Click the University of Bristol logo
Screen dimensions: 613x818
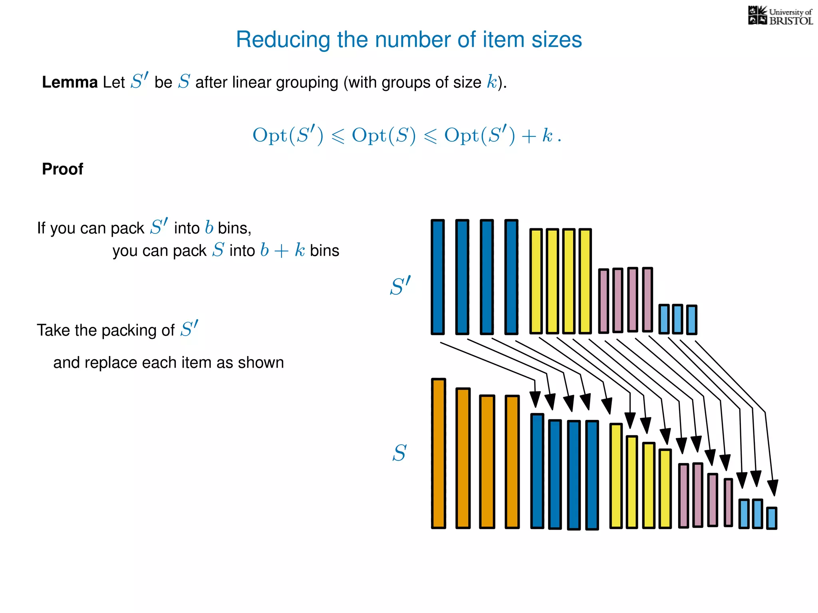[x=780, y=16]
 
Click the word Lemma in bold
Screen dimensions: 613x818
[x=69, y=82]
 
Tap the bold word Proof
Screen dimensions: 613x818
[x=63, y=169]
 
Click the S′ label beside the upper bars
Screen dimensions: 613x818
[x=400, y=286]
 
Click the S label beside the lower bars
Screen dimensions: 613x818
[x=399, y=453]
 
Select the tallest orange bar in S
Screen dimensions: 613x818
[x=438, y=453]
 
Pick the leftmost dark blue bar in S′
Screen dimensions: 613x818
[x=438, y=277]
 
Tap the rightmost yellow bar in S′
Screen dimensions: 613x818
[x=585, y=281]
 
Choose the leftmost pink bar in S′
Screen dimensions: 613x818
[x=604, y=301]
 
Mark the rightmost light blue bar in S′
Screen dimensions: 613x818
[x=691, y=320]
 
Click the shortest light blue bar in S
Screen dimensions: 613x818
[x=772, y=518]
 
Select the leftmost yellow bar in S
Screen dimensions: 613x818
[x=616, y=476]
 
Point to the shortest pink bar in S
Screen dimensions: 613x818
[x=728, y=502]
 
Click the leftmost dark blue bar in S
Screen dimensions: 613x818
[x=537, y=471]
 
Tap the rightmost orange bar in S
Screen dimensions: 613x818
[x=512, y=462]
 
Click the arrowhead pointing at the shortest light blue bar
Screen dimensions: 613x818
[x=773, y=488]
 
